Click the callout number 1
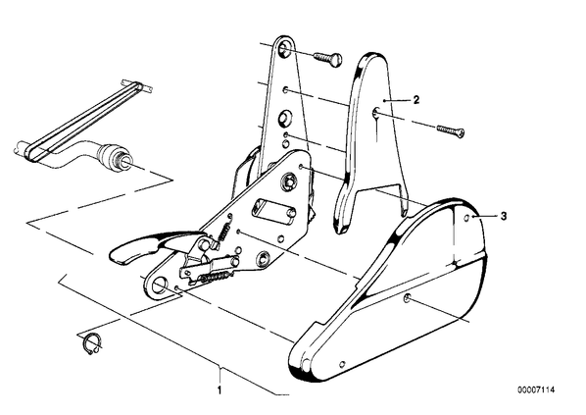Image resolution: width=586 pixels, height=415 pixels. pyautogui.click(x=220, y=390)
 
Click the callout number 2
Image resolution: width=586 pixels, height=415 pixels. pyautogui.click(x=415, y=100)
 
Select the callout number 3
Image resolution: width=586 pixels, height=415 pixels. pyautogui.click(x=504, y=216)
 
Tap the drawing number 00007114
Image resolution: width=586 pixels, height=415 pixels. pyautogui.click(x=536, y=389)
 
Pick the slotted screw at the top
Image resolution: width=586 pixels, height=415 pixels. pyautogui.click(x=327, y=59)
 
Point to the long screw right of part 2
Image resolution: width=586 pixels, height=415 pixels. pyautogui.click(x=451, y=130)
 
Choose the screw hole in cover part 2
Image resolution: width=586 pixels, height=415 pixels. pyautogui.click(x=375, y=112)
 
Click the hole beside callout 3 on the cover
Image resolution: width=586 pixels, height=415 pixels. pyautogui.click(x=466, y=218)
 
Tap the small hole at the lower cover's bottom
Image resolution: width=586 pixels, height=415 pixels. pyautogui.click(x=342, y=365)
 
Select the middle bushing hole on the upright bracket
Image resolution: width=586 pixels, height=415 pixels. pyautogui.click(x=284, y=118)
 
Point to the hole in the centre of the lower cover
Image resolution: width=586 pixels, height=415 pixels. pyautogui.click(x=407, y=298)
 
